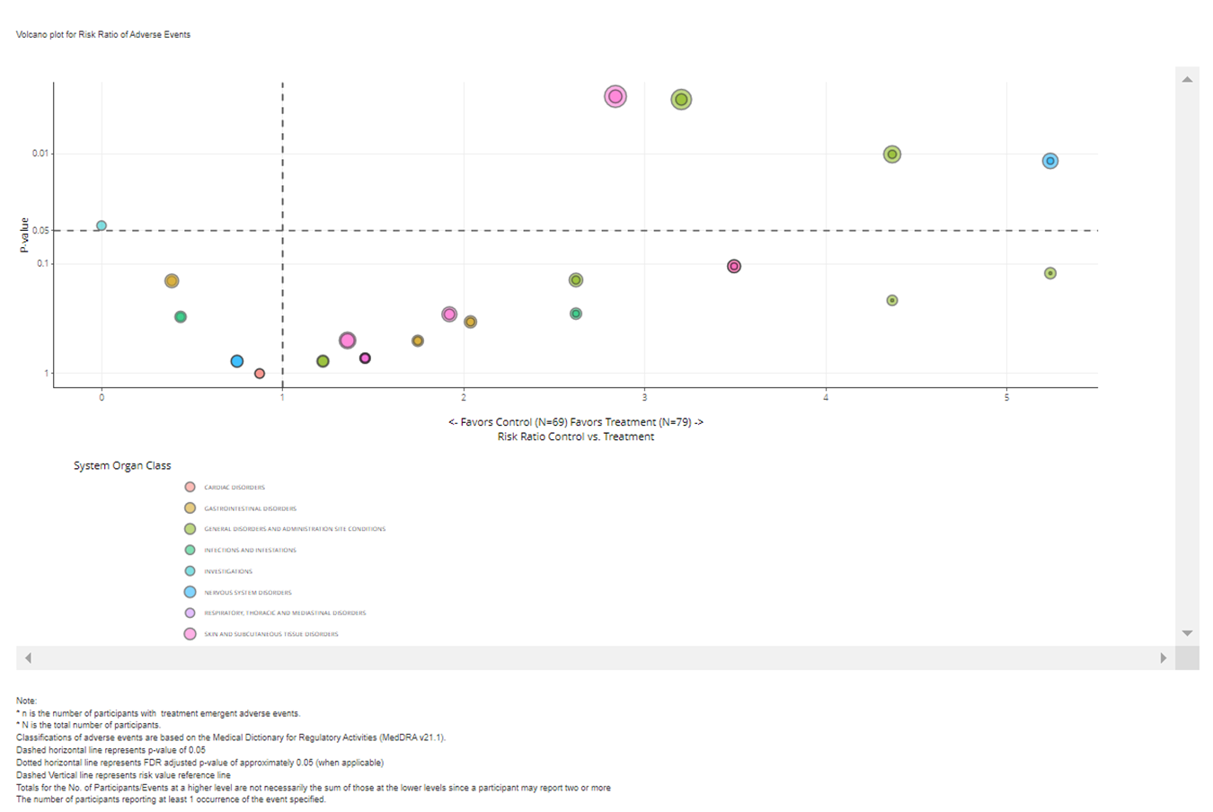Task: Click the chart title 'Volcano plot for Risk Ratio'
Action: (x=103, y=34)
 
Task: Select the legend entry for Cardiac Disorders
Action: (x=234, y=488)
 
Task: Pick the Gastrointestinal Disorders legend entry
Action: (x=249, y=508)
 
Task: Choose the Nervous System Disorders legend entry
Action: (x=247, y=593)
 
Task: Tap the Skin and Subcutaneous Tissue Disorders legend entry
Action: (x=270, y=634)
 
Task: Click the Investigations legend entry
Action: (x=227, y=571)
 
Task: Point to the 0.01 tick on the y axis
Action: (x=40, y=154)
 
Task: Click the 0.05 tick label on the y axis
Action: (x=40, y=231)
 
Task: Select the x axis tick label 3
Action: (x=644, y=397)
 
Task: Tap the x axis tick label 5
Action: (x=1006, y=397)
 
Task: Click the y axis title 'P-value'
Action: (x=24, y=235)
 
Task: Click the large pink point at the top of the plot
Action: (x=615, y=96)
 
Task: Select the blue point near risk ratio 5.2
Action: (x=1049, y=161)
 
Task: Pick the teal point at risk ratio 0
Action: (x=102, y=225)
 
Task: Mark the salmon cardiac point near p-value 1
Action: (x=259, y=374)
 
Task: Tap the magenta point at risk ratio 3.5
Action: (x=734, y=266)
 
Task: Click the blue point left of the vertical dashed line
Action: (x=236, y=361)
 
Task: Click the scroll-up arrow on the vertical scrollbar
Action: (x=1187, y=79)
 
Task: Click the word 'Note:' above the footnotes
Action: (x=26, y=701)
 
